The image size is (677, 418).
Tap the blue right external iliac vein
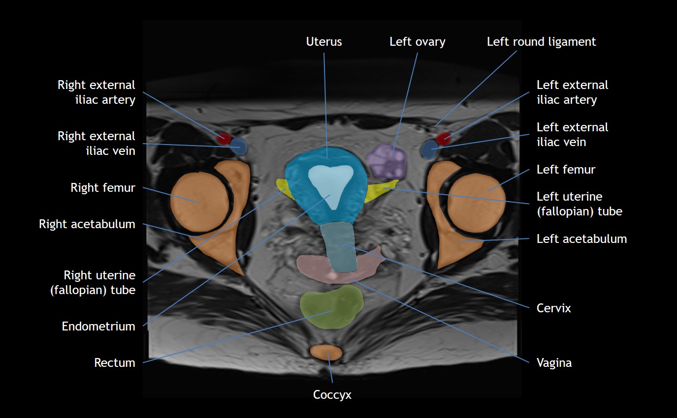point(239,147)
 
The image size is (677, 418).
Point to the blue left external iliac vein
point(429,149)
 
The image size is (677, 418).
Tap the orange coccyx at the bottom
point(326,352)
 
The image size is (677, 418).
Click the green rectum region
point(331,307)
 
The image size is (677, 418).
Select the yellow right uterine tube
point(282,186)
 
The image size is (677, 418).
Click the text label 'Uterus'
point(324,42)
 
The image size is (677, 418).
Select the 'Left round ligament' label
point(541,42)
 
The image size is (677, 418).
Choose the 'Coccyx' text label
point(332,394)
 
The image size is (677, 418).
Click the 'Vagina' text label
point(554,363)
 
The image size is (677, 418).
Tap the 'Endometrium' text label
point(98,326)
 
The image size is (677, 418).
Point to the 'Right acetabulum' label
point(87,224)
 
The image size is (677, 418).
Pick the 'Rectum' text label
point(115,363)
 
